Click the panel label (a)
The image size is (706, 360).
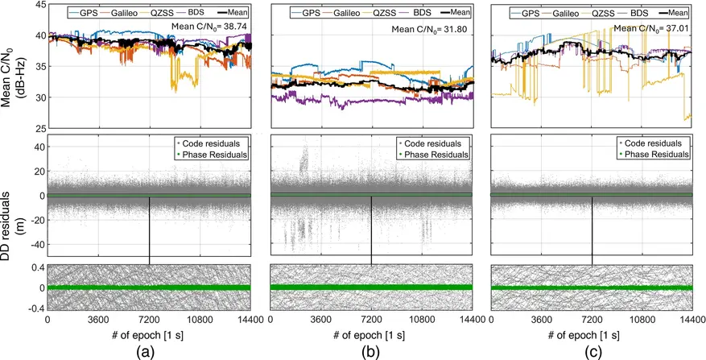149,350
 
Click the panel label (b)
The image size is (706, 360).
371,350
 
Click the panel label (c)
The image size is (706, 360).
592,350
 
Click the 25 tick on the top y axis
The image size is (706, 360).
39,128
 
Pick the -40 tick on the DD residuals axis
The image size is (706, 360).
35,244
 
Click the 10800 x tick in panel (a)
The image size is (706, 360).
200,320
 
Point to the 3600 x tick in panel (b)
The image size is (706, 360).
320,320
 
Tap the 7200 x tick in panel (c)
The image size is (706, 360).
592,320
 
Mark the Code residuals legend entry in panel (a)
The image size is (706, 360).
212,143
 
